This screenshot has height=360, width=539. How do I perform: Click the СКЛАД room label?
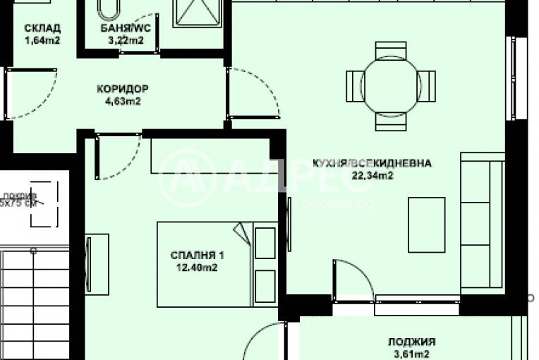tap(42, 28)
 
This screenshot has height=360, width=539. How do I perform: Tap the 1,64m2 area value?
tap(42, 40)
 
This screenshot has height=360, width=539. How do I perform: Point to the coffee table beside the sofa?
tap(427, 224)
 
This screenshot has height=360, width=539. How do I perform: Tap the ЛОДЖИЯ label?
tap(411, 341)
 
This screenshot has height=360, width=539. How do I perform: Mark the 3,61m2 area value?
tap(411, 354)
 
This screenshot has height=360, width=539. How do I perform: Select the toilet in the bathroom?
tap(109, 9)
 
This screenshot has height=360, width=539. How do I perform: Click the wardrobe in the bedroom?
tap(210, 156)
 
